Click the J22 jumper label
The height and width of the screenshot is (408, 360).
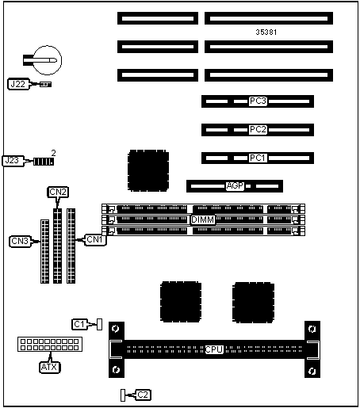coord(18,84)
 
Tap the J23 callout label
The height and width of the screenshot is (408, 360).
coord(13,161)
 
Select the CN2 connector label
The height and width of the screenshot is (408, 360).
coord(58,192)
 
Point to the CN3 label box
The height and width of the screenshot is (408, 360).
coord(20,241)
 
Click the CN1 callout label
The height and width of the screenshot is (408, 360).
coord(95,240)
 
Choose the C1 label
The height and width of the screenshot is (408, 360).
coord(79,324)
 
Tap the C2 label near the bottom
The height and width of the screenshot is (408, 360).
coord(143,395)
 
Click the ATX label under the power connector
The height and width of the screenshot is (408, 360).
coord(49,367)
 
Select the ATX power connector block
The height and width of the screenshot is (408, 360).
coord(50,345)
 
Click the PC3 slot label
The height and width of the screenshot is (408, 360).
coord(258,101)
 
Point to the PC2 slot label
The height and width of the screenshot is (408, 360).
coord(258,130)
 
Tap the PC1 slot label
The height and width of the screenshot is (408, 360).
coord(258,158)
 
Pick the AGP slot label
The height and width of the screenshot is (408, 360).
coord(236,186)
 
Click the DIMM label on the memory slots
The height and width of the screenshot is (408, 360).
coord(202,219)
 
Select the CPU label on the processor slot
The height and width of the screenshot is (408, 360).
coord(214,349)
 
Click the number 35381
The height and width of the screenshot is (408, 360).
coord(266,32)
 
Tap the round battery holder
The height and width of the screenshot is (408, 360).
coord(47,60)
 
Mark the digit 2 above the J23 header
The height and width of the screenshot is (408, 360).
coord(54,153)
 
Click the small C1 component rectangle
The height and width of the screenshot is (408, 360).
coord(99,324)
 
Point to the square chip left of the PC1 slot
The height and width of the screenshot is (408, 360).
coord(148,170)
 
